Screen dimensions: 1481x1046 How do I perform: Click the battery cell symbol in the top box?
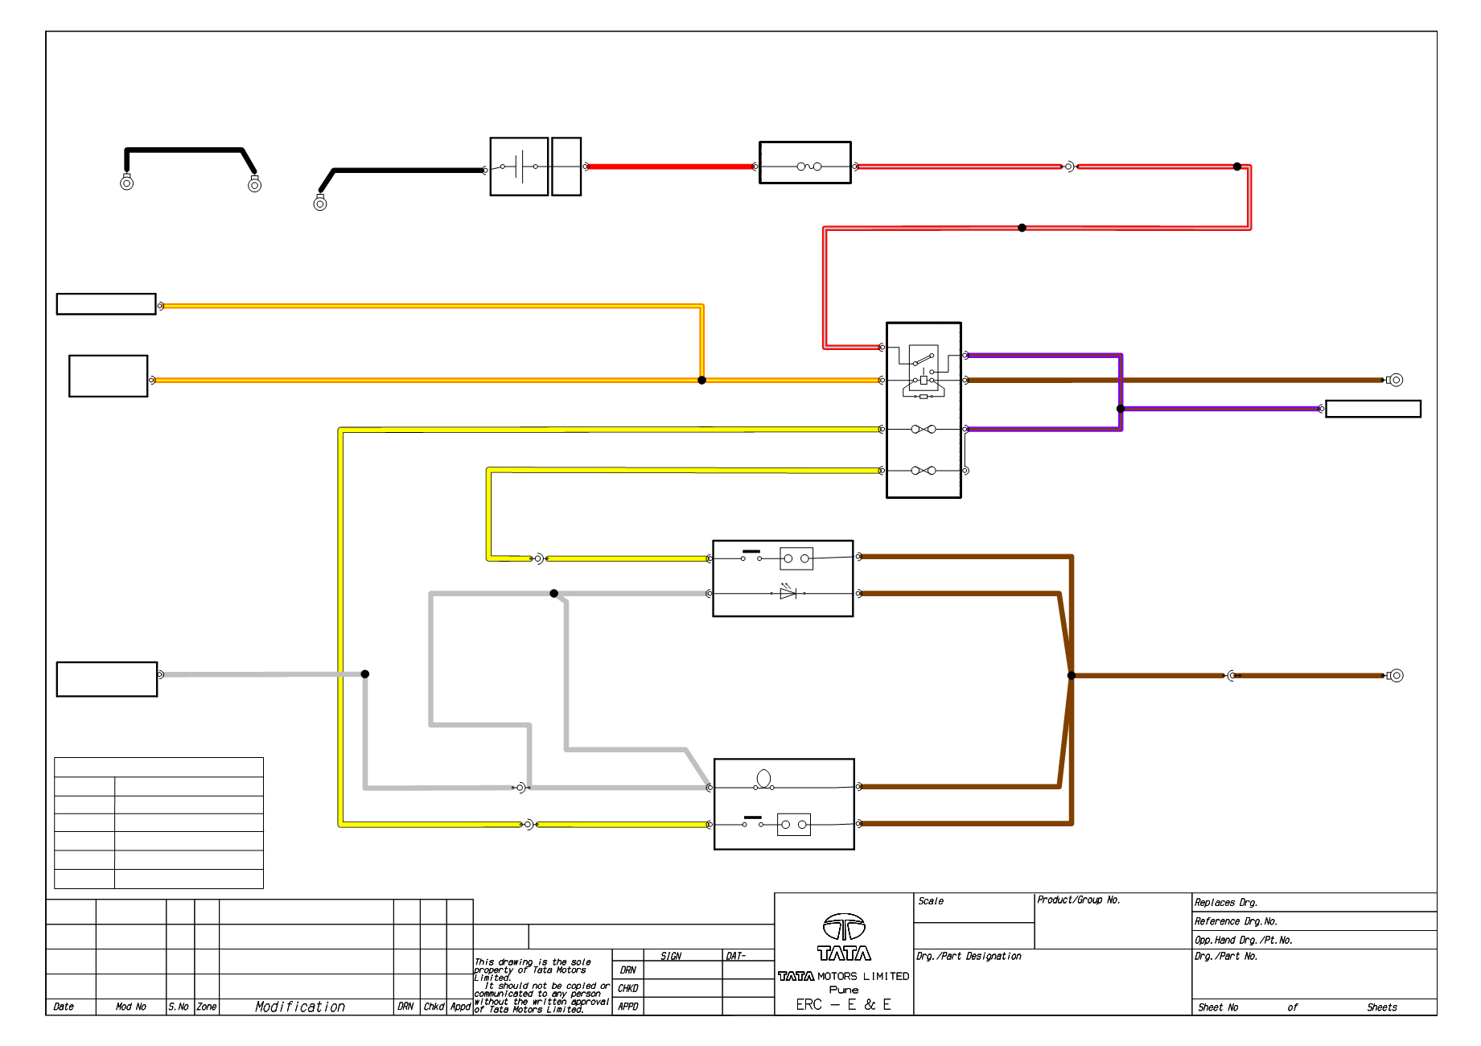[520, 167]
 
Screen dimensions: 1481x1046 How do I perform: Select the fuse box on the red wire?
[805, 163]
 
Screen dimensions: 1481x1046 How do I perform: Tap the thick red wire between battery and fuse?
[670, 167]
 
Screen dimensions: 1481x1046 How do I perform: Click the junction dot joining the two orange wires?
[701, 380]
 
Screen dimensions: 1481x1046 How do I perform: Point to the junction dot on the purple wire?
[1121, 409]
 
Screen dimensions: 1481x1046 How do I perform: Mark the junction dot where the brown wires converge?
[1072, 676]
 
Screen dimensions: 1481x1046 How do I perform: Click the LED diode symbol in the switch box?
[788, 592]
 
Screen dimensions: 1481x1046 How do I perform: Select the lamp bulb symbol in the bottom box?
[763, 779]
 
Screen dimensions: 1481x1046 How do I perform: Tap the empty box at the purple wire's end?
[1373, 409]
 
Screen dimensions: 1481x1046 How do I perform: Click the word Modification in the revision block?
[300, 1007]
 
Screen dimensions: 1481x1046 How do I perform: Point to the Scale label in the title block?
[931, 901]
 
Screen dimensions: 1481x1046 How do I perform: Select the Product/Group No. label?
[1078, 900]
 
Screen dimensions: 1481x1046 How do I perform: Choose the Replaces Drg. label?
[1226, 903]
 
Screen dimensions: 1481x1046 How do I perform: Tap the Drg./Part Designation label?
[969, 957]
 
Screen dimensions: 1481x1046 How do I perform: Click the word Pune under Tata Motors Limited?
[844, 990]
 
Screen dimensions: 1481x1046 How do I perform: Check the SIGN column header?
[671, 956]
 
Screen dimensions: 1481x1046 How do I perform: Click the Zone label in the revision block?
[207, 1007]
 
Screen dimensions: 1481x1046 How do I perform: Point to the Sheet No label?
[1218, 1007]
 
